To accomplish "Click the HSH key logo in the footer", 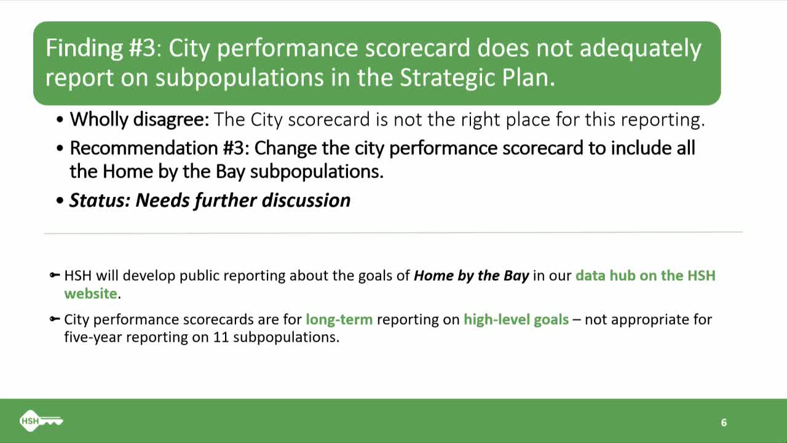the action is coord(41,420).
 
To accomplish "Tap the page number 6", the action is coord(724,422).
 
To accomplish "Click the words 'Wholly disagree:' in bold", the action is coord(140,119).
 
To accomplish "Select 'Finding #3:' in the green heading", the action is coord(104,48).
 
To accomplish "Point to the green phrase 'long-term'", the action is coord(339,319).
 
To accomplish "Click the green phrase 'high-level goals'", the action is coord(516,319).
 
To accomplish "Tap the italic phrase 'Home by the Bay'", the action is coord(471,276).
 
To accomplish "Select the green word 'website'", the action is coord(90,293).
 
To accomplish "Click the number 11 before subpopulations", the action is coord(221,337).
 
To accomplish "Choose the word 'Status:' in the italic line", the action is coord(100,201).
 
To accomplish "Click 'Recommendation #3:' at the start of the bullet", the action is coord(159,148).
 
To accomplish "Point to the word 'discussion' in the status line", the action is coord(306,201).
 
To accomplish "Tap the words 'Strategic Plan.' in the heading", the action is coord(478,78).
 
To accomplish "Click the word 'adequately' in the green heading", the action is coord(640,49).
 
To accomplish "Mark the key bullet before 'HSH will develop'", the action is coord(55,275).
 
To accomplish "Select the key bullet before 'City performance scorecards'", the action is coord(55,319).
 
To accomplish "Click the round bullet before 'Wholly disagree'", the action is coord(60,119).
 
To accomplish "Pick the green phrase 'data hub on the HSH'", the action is coord(646,276).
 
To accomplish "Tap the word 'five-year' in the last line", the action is coord(93,337).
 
